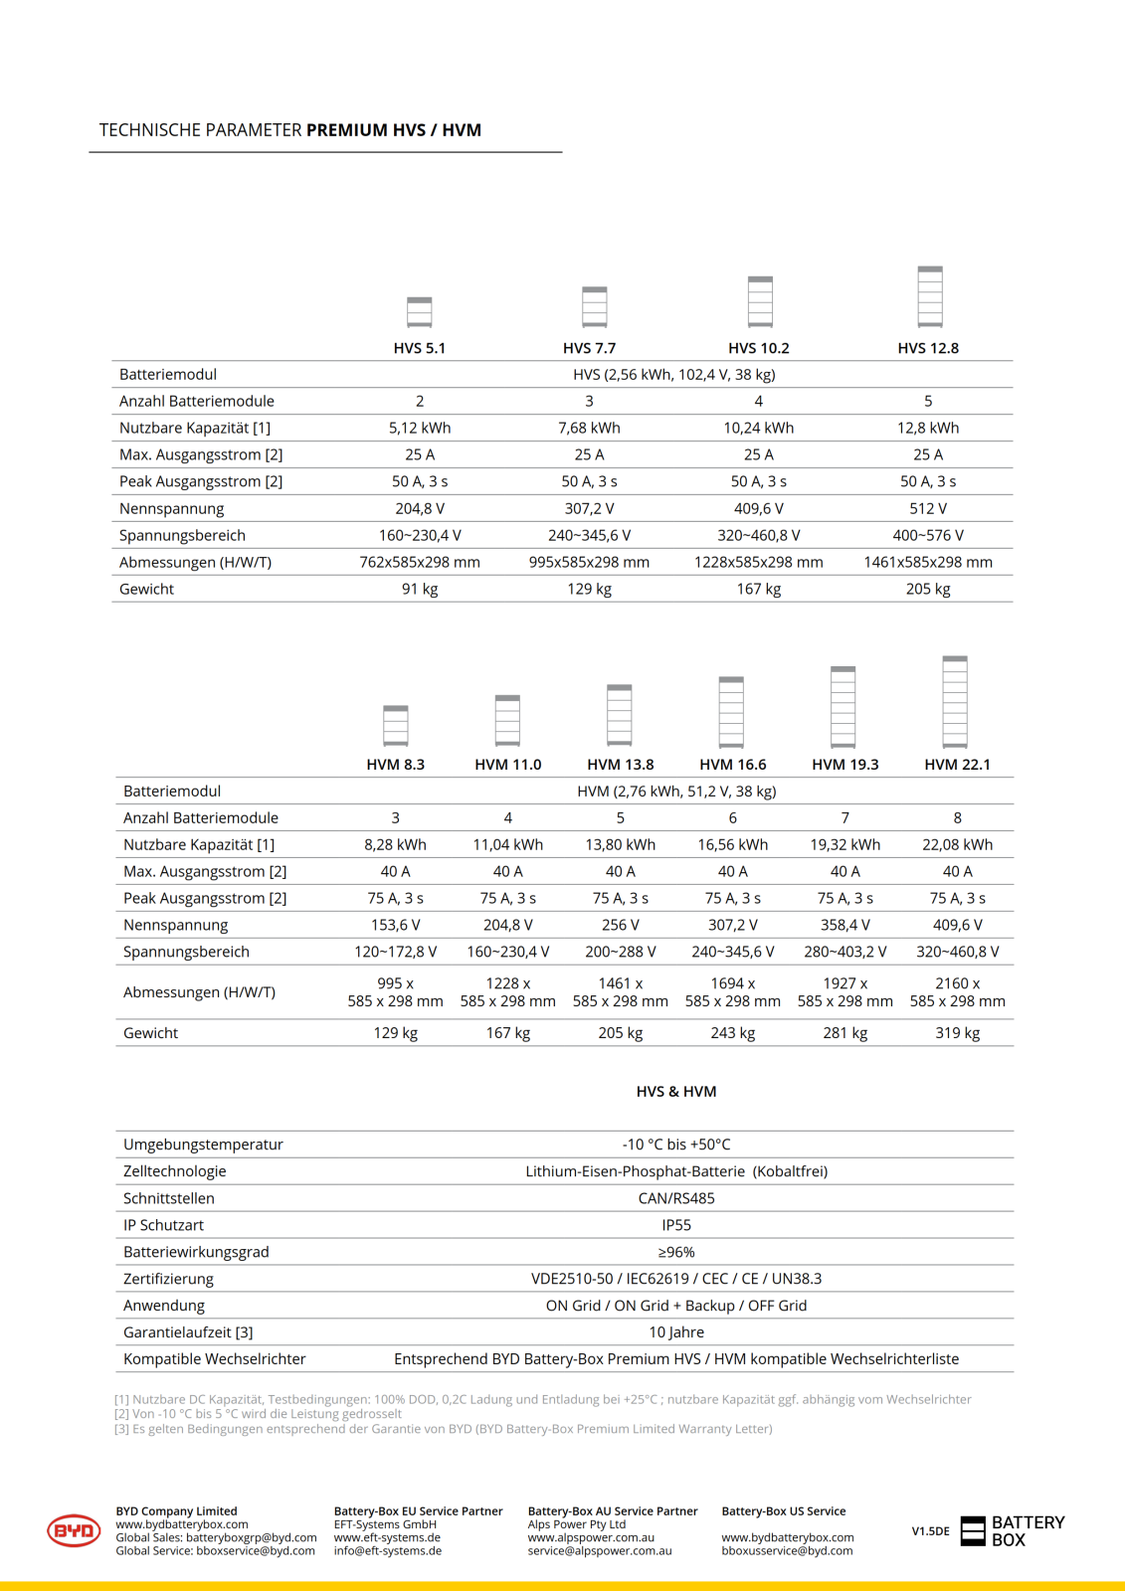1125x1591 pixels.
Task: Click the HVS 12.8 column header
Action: coord(927,348)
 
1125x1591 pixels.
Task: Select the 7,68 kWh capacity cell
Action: coord(589,428)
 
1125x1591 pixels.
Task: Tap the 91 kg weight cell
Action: coord(420,589)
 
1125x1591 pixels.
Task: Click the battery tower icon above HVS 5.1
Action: coord(420,312)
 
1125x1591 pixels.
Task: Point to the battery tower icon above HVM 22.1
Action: coord(955,701)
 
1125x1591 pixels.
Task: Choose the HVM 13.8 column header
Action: coord(620,765)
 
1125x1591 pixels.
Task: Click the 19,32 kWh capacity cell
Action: coord(844,844)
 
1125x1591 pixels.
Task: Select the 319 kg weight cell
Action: coord(957,1033)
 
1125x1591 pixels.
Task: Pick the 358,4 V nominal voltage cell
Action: coord(844,925)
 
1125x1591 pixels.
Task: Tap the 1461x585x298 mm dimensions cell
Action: coord(927,562)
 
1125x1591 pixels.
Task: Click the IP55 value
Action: coord(676,1225)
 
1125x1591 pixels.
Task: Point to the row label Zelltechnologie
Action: coord(175,1171)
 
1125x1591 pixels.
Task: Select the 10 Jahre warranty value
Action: coord(676,1332)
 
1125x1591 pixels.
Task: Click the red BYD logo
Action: coord(74,1530)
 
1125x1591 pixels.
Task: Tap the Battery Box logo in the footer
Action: coord(1013,1531)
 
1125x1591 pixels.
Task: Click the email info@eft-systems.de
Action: coord(388,1551)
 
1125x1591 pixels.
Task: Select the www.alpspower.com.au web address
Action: coord(591,1537)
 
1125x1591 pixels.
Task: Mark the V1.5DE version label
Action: coord(930,1531)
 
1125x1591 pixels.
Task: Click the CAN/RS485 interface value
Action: coord(676,1198)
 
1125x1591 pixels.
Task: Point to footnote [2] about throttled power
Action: coord(258,1414)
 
